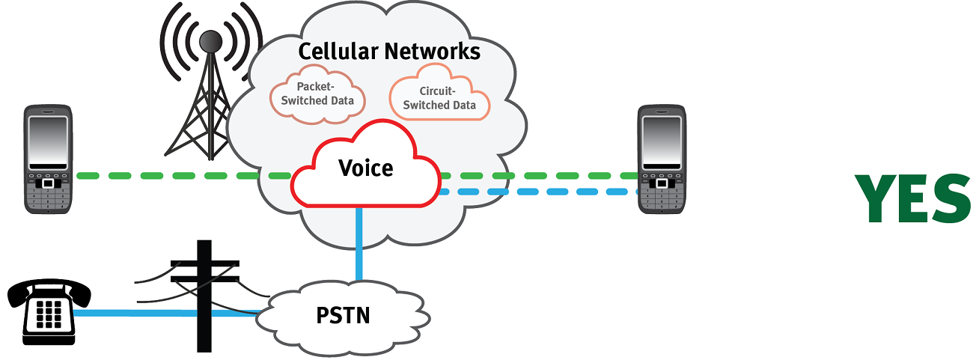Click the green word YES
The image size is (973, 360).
click(x=913, y=199)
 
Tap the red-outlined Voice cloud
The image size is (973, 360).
click(x=365, y=168)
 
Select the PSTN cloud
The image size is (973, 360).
click(x=341, y=315)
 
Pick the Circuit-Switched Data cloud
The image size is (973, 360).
click(x=439, y=98)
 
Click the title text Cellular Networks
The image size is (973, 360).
click(x=388, y=52)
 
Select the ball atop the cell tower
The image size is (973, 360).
click(x=210, y=41)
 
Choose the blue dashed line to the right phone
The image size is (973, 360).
click(x=539, y=192)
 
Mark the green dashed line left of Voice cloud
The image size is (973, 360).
click(x=180, y=177)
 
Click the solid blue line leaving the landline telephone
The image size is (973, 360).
click(x=135, y=313)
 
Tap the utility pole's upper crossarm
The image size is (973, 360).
click(x=204, y=263)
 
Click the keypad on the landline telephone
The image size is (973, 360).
click(x=49, y=317)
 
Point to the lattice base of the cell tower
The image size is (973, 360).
click(x=198, y=127)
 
